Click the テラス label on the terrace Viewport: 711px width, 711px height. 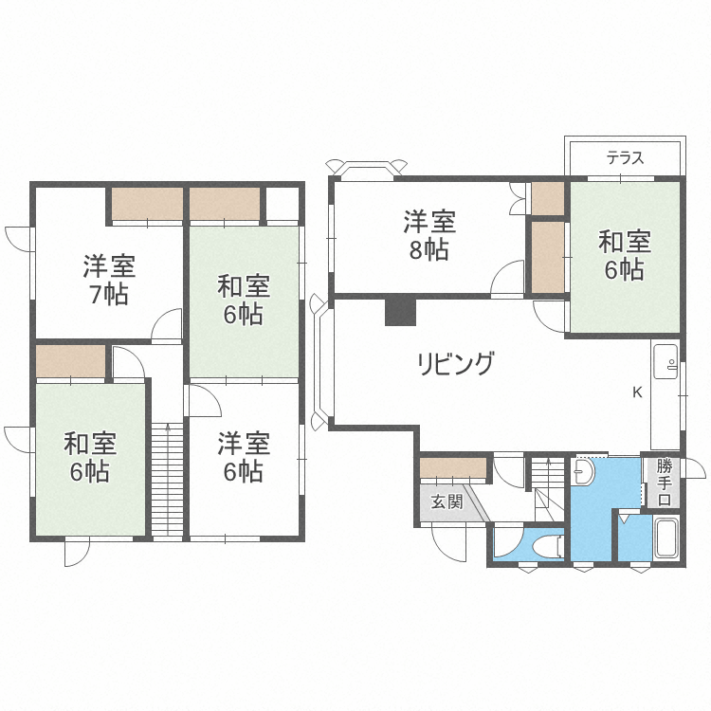pos(626,158)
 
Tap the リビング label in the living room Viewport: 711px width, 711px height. pos(455,363)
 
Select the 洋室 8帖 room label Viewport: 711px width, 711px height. pos(429,235)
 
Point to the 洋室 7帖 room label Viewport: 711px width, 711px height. pos(109,280)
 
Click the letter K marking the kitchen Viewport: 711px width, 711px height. pos(638,392)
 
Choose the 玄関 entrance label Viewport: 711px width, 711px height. pos(447,501)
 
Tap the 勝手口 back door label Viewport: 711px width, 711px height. pos(665,483)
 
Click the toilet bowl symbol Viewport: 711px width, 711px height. pos(547,545)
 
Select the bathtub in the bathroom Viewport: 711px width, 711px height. pos(666,539)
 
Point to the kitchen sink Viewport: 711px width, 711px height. pos(665,361)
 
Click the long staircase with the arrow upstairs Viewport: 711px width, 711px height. pos(168,481)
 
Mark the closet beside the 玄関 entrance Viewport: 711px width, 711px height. pos(453,467)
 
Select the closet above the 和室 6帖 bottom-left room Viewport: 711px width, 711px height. pos(71,361)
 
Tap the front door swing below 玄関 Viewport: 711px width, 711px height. pos(449,543)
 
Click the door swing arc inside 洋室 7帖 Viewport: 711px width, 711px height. pos(167,323)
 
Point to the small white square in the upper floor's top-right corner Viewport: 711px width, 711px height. pos(283,204)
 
